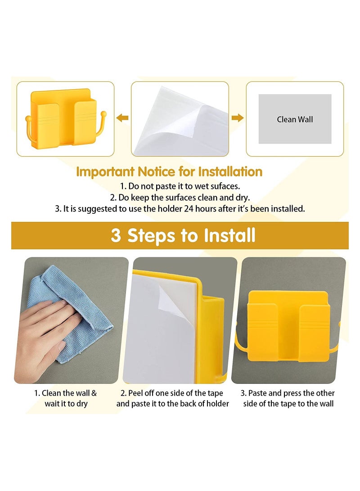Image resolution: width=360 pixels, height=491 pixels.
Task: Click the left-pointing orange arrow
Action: (122, 118)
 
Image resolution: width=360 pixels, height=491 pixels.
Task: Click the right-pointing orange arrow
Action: (237, 118)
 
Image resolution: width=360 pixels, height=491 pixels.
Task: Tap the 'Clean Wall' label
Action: (295, 119)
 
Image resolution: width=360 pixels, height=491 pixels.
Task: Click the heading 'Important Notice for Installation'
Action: (169, 171)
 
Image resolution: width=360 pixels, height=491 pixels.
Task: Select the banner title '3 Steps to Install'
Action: (183, 235)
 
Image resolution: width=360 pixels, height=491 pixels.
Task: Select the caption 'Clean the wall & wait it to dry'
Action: (66, 398)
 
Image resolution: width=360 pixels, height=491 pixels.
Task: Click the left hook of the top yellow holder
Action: (28, 128)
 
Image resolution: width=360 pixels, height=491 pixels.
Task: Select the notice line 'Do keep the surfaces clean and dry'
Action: (180, 197)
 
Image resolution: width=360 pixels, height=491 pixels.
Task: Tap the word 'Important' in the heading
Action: (105, 171)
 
